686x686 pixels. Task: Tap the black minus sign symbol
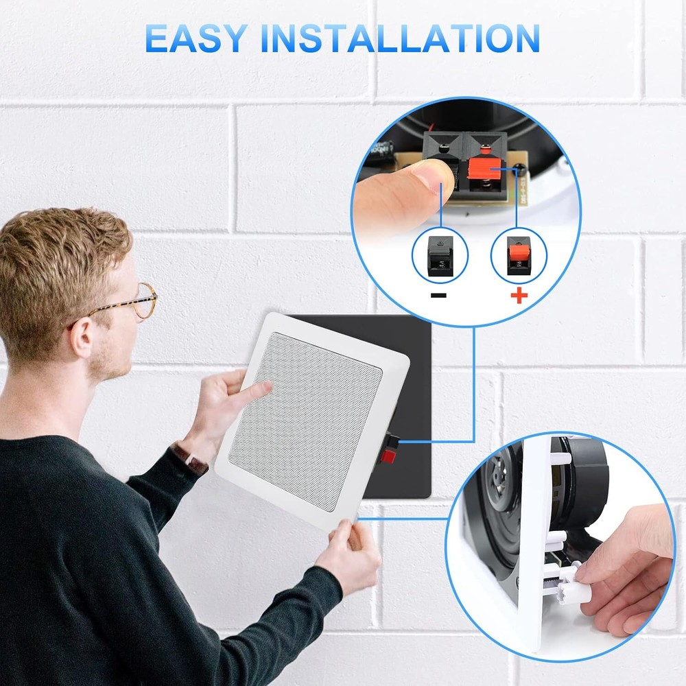pyautogui.click(x=439, y=296)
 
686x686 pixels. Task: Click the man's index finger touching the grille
pyautogui.click(x=257, y=391)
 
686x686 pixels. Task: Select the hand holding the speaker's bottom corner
pyautogui.click(x=350, y=556)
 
